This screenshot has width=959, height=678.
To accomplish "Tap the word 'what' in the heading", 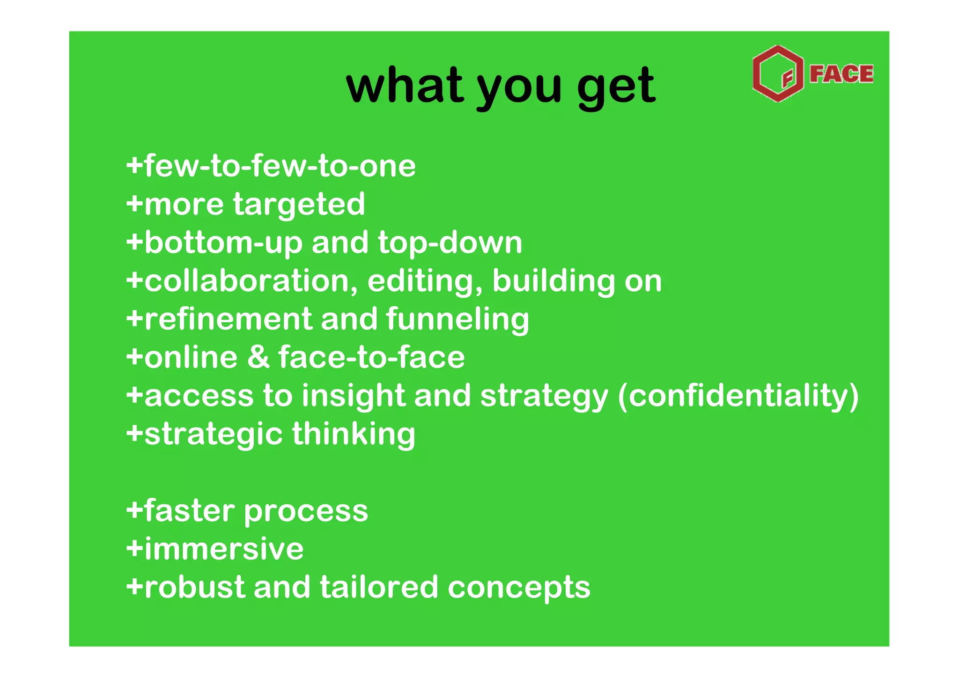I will point(405,85).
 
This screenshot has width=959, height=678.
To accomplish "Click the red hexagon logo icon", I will point(778,74).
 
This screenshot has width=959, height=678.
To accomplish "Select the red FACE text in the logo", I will point(841,74).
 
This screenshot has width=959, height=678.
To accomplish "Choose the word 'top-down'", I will point(450,243).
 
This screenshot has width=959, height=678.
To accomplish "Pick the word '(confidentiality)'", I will point(738,396).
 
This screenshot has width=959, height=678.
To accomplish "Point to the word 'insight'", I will point(353,396).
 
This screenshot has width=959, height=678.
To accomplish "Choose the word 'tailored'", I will point(378,587).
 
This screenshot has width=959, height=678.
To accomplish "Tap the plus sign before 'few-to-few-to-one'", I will point(134,166).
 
